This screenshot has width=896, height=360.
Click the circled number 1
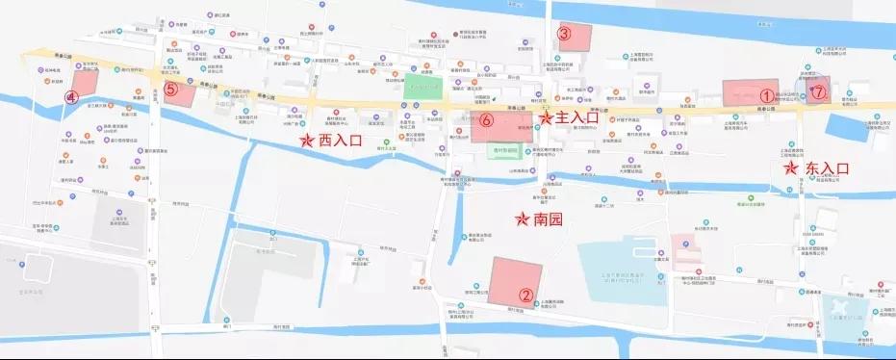coord(766,95)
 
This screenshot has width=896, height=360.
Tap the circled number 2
coord(525,296)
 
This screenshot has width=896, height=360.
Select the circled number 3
coord(566,34)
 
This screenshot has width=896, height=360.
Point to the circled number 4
coord(70,97)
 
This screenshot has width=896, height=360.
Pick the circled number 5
coord(170,90)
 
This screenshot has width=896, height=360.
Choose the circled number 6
coord(487,121)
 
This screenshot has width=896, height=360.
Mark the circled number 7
coord(818,93)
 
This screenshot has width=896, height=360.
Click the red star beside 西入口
coord(307,141)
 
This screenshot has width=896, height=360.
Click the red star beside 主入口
coord(546,117)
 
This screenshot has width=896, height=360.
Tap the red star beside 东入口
coord(791,167)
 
